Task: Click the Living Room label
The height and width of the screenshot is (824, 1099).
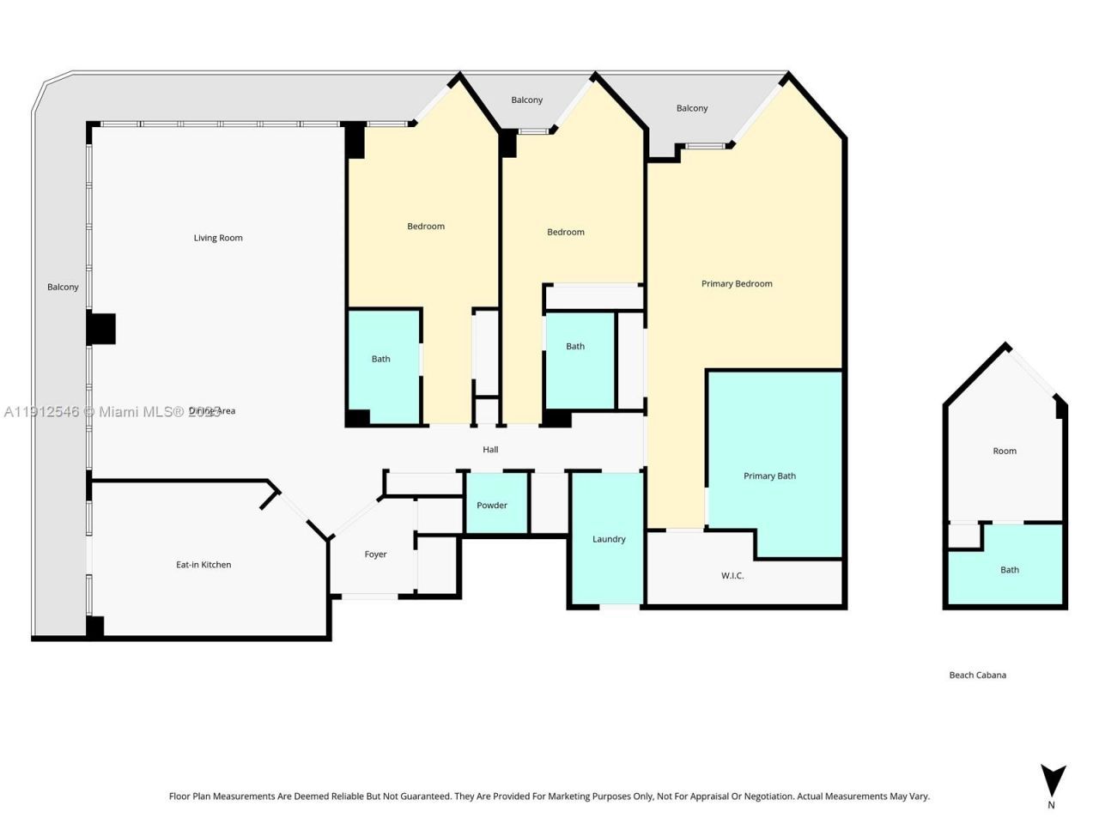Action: coord(218,238)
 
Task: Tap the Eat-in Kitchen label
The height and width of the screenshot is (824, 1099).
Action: coord(203,565)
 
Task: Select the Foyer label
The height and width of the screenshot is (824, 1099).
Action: coord(375,554)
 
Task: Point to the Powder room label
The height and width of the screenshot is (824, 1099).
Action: coord(492,506)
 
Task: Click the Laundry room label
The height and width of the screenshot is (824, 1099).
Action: coord(609,539)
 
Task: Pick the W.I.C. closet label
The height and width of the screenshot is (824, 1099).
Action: coord(732,575)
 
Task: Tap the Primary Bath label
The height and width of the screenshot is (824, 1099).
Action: coord(769,476)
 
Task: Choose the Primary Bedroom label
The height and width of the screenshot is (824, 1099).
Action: coord(737,283)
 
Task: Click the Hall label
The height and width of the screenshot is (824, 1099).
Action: coord(490,450)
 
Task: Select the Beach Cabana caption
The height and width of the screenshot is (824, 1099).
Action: coord(977,675)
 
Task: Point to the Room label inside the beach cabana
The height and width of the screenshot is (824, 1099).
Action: coord(1005,451)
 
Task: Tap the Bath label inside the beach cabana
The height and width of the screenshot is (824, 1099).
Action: coord(1010,570)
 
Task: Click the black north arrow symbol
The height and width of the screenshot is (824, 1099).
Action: coord(1053,780)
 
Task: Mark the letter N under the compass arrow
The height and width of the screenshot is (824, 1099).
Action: coord(1051,805)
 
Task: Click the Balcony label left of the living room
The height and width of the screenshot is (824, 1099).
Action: coord(63,287)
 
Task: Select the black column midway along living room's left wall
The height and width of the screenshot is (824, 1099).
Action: coord(101,329)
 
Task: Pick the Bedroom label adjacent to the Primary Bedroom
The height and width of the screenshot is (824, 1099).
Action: coord(566,232)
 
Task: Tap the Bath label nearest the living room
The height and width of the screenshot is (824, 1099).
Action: coord(380,359)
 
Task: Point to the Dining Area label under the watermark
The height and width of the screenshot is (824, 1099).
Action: coord(212,411)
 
